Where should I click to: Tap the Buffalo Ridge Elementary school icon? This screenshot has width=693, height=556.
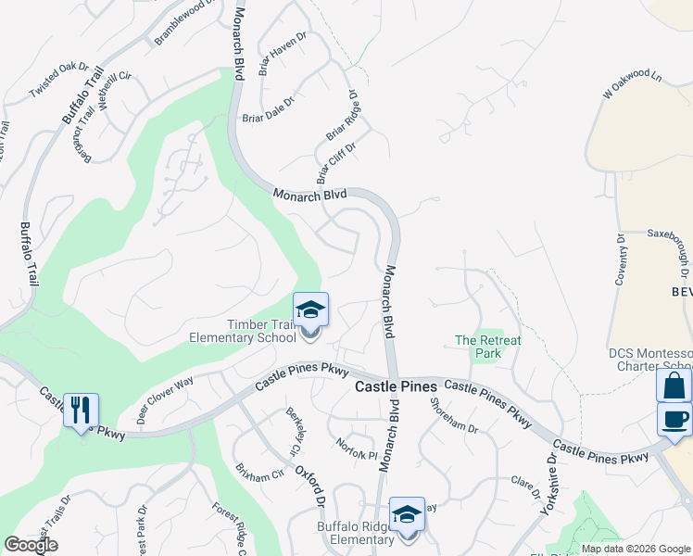coord(407,516)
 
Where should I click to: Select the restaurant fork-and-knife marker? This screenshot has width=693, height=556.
coord(81,410)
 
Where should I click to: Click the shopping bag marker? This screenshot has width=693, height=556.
coord(674,385)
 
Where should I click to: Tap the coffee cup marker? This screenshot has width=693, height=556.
coord(674,419)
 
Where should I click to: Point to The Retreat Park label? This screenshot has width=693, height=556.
coord(487,347)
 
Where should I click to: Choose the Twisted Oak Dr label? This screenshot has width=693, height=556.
coord(58,81)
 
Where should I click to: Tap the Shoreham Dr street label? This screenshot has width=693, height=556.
coord(454,423)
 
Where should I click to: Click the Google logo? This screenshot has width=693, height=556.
coord(31,545)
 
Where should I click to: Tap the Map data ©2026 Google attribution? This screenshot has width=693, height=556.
coord(636,549)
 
